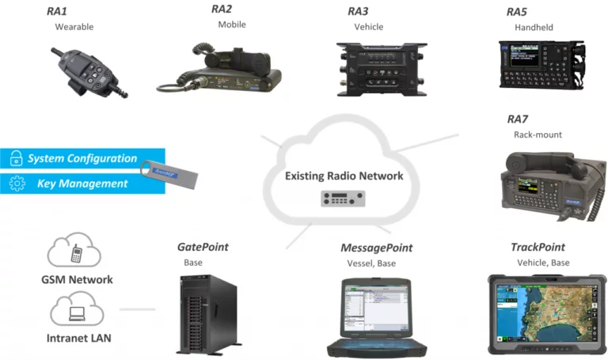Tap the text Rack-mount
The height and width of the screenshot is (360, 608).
point(538,135)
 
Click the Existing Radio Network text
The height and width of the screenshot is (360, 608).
point(344,176)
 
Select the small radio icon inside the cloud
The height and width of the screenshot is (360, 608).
point(344,199)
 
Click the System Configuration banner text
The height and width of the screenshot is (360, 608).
point(82,159)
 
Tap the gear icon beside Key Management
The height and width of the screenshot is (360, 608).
point(17,184)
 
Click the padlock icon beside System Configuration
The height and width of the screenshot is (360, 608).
point(17,159)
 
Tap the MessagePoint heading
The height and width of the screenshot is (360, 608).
point(376,248)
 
